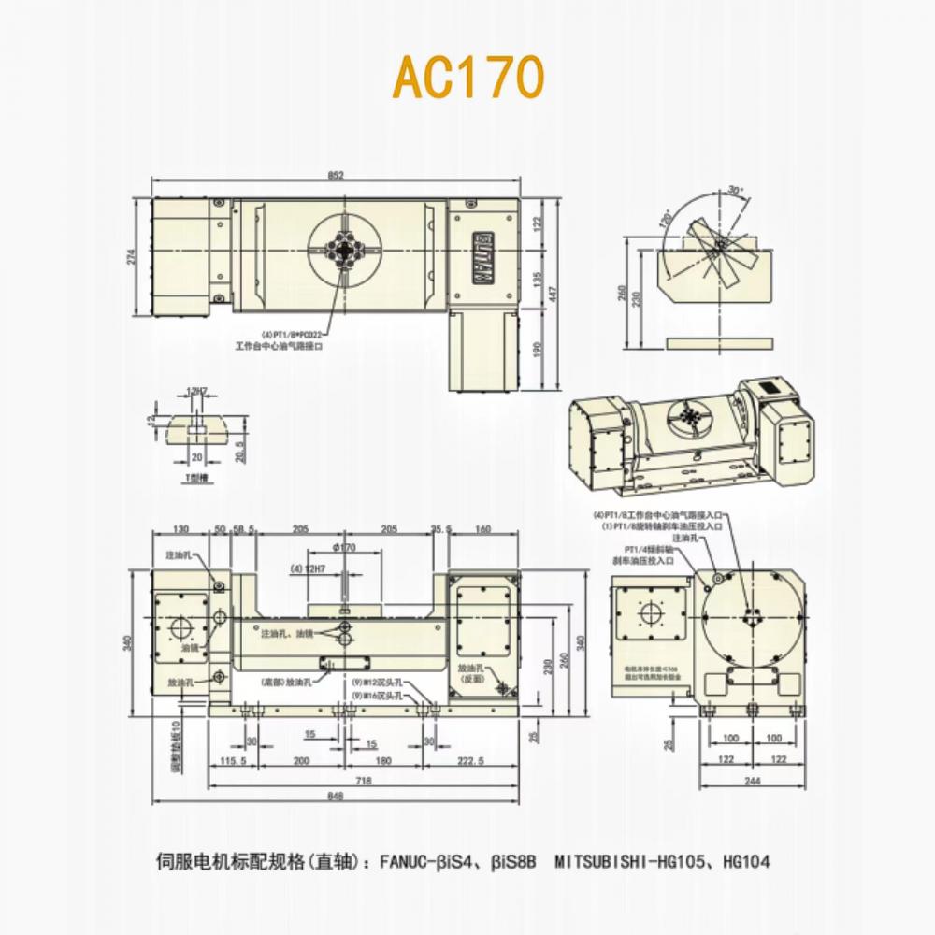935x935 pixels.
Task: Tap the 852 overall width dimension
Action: pos(338,175)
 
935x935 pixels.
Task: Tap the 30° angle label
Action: pos(736,190)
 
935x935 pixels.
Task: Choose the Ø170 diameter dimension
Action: pos(345,546)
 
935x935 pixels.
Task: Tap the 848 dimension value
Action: pos(337,797)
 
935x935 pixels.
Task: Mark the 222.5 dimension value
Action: pos(473,762)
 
